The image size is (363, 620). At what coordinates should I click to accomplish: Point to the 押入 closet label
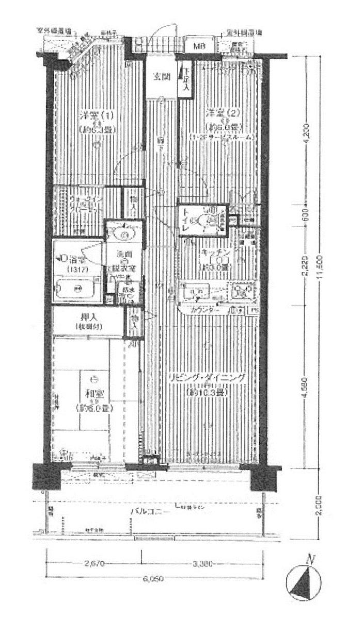tap(89, 316)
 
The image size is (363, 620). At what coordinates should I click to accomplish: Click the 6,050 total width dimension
tap(155, 579)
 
